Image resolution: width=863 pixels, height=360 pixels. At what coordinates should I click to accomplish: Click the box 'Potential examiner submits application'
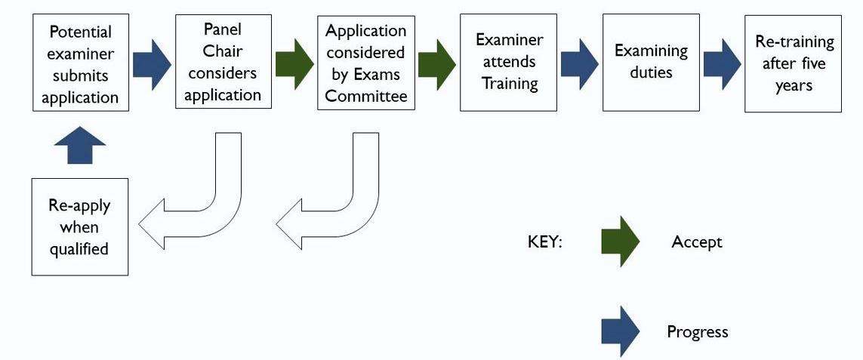point(80,64)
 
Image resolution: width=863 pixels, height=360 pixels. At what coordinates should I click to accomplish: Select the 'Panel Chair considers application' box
point(223,61)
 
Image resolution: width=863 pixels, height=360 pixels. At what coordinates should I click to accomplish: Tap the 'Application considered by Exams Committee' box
point(365,63)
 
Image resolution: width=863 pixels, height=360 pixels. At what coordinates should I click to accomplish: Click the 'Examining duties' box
point(651,63)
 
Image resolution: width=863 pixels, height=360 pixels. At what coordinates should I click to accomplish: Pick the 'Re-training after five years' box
point(793,63)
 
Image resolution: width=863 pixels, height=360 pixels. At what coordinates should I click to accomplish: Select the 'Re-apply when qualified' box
point(80,226)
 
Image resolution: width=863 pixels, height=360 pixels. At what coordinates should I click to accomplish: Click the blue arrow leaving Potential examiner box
point(152,64)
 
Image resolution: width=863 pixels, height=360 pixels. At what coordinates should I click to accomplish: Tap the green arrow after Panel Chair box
point(294,64)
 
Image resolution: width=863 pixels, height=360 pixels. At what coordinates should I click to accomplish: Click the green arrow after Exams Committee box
point(437,64)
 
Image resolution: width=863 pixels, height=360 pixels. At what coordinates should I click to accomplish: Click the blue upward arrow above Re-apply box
point(80,145)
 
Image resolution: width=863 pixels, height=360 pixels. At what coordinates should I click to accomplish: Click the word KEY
point(544,242)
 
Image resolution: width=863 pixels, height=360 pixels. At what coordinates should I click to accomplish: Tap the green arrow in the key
point(620,242)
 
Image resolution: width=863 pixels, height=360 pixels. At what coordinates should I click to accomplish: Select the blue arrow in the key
point(620,331)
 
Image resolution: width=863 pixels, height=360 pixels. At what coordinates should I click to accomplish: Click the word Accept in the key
point(696,242)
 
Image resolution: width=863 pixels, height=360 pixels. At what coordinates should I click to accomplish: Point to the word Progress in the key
point(697,331)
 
